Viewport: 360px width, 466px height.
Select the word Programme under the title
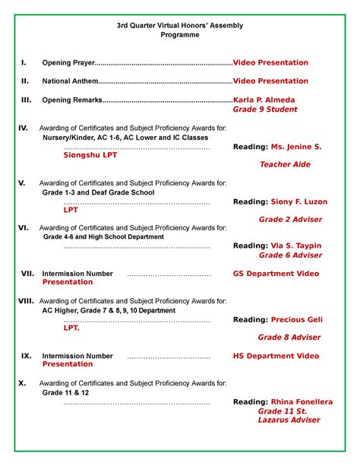(x=180, y=35)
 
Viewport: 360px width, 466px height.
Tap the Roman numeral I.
(x=24, y=62)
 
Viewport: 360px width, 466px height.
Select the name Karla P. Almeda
(x=264, y=100)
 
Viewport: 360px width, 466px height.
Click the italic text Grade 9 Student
(x=265, y=109)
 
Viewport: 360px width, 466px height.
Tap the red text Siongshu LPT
(x=90, y=154)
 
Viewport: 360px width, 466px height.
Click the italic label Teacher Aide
(x=285, y=164)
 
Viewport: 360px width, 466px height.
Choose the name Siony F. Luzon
(x=295, y=202)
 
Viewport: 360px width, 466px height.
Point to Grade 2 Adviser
(x=290, y=219)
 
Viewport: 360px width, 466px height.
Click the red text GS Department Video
(x=276, y=273)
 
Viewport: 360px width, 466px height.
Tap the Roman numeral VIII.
(x=26, y=301)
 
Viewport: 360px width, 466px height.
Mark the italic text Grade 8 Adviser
(x=289, y=337)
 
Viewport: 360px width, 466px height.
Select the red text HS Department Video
(x=276, y=356)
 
